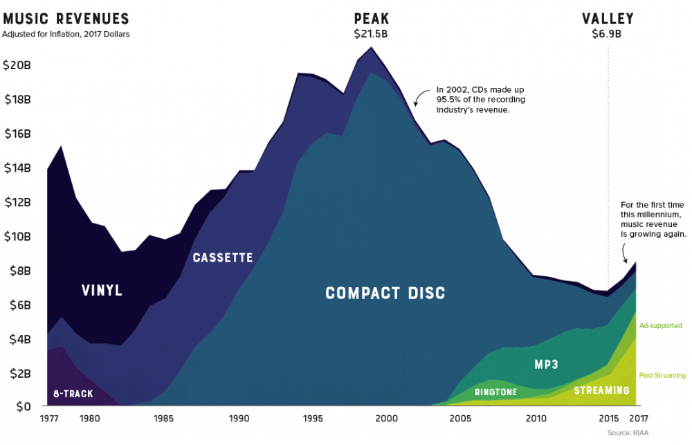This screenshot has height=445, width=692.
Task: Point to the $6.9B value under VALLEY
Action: pos(608,33)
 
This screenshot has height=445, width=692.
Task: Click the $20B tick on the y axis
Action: pos(17,66)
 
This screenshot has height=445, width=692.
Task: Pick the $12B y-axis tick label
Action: pos(17,202)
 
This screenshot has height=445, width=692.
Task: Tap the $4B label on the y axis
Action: pos(17,339)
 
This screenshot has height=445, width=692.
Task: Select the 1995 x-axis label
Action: pos(312,419)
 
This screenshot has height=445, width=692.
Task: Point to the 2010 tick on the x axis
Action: pos(535,419)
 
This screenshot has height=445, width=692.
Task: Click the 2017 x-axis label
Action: pos(638,419)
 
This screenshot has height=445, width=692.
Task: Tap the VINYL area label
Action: pos(102,291)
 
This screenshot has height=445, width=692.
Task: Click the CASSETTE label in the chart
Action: pos(223,258)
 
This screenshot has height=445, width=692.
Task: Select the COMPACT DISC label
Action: pos(385,293)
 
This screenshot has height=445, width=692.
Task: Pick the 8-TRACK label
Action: pos(73,394)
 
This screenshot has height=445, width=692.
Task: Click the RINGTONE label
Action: pos(496,392)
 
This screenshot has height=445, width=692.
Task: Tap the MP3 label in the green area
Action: pos(547,363)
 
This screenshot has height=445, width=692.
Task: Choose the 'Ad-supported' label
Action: pos(660,325)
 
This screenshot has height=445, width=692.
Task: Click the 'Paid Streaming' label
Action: pos(662,376)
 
